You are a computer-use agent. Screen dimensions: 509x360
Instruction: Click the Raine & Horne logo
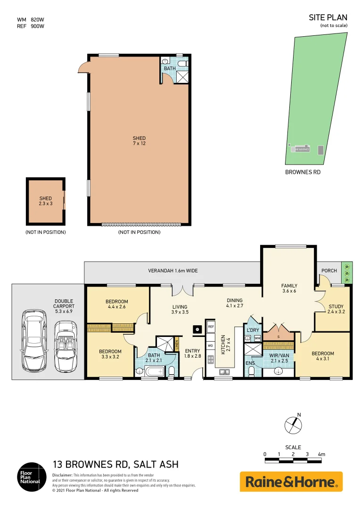coord(291,482)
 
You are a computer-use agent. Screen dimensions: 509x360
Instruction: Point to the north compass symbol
coord(293,425)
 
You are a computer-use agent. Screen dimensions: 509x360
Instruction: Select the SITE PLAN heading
coord(328,17)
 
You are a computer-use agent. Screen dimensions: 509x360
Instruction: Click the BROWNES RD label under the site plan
coord(303,172)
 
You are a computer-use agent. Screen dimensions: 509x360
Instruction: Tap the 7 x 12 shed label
coord(139,140)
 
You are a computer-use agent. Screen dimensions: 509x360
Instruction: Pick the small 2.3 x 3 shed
coord(45,201)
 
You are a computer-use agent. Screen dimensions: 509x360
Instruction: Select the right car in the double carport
coord(63,346)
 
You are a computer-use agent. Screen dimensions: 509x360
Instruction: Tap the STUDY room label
coord(335,306)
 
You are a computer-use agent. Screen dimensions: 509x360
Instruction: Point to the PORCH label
coord(329,271)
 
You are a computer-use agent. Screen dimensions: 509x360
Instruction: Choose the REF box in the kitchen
coord(211,326)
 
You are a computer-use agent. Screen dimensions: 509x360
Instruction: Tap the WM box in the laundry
coord(257,338)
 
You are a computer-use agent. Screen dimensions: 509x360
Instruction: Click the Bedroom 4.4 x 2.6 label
coord(117,304)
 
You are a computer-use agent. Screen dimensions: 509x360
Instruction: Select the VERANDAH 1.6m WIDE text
coord(172,271)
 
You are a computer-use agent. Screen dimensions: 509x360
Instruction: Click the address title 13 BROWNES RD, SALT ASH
coord(115,465)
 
